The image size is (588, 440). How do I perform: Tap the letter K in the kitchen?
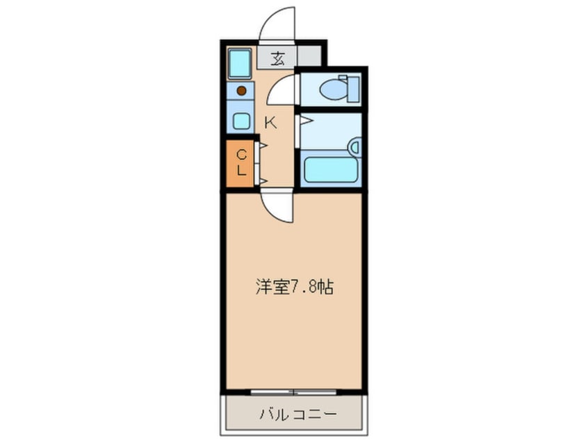click(x=271, y=124)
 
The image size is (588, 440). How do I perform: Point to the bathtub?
click(x=329, y=169)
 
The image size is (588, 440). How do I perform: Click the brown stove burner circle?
click(x=241, y=90)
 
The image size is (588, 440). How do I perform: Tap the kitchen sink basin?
click(x=241, y=120)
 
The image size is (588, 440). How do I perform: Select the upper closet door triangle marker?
click(x=263, y=146)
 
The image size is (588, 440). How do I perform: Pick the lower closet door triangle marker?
click(x=263, y=180)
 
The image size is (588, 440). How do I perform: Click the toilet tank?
click(x=353, y=88)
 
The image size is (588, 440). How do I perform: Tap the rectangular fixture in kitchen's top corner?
click(x=240, y=65)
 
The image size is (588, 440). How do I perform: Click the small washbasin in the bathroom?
click(x=354, y=146)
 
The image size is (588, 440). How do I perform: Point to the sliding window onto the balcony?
click(x=294, y=391)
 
